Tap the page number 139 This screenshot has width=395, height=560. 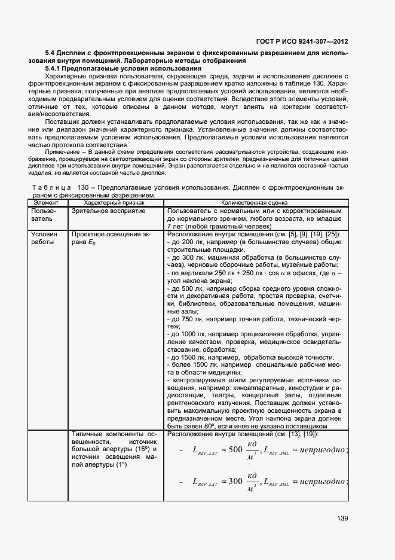pyautogui.click(x=342, y=518)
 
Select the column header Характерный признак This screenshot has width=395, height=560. pyautogui.click(x=117, y=203)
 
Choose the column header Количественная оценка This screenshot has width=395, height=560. pyautogui.click(x=254, y=203)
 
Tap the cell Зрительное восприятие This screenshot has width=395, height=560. pyautogui.click(x=108, y=211)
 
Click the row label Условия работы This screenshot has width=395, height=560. pyautogui.click(x=44, y=239)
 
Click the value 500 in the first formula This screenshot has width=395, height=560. pyautogui.click(x=231, y=451)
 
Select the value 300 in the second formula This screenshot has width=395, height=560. pyautogui.click(x=231, y=481)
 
